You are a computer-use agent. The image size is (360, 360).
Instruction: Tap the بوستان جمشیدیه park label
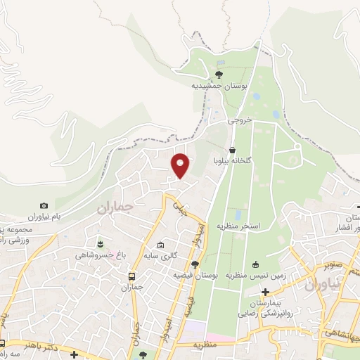[218, 86]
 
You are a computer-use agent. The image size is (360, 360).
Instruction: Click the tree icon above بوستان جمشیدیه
[219, 74]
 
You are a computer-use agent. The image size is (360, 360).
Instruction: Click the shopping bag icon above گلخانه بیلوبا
[232, 150]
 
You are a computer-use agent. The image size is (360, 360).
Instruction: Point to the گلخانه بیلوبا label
[232, 161]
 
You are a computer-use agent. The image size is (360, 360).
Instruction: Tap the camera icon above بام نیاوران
[44, 205]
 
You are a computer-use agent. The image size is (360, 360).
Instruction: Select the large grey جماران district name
[114, 209]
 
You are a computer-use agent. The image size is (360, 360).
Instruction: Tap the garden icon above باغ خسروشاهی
[101, 244]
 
